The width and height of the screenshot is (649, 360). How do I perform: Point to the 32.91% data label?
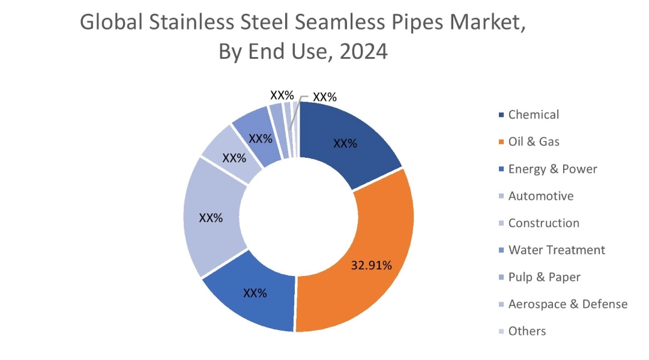[372, 265]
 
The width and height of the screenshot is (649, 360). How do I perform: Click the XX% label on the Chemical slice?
[345, 144]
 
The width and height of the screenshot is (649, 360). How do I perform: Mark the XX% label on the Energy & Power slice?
[255, 293]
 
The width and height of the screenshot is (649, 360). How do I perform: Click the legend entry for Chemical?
[533, 115]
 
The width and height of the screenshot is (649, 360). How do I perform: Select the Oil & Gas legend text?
[534, 142]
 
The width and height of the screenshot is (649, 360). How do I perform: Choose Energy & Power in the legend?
[552, 169]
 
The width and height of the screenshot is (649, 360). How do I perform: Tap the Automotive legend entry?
[540, 196]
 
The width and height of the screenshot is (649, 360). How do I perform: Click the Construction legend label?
[543, 223]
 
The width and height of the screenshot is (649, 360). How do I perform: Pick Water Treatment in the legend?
[557, 250]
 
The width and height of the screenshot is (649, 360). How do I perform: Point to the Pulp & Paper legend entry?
[544, 277]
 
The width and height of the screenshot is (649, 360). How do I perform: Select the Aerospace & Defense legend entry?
[567, 304]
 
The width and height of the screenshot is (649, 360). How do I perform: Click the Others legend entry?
[527, 331]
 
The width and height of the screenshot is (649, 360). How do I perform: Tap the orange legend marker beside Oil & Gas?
[501, 142]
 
